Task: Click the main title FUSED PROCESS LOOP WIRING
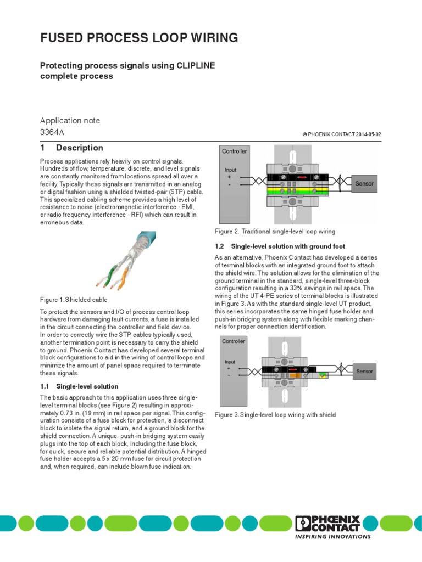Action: coord(139,38)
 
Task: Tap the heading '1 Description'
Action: coord(71,148)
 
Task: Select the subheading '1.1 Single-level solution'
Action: coord(79,386)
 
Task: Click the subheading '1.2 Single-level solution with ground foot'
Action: coord(280,246)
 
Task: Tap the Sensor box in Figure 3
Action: coord(364,372)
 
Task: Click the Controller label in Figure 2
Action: coord(234,151)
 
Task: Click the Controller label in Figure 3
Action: coord(234,341)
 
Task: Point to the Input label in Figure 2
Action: coord(230,170)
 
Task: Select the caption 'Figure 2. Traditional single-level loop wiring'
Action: coord(275,232)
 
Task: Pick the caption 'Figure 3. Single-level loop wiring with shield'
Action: coord(275,414)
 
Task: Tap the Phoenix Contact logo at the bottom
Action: coord(327,524)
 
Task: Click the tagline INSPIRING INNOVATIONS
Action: coord(332,537)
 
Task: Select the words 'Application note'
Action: coord(70,120)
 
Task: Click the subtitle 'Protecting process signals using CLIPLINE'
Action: coord(127,65)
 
